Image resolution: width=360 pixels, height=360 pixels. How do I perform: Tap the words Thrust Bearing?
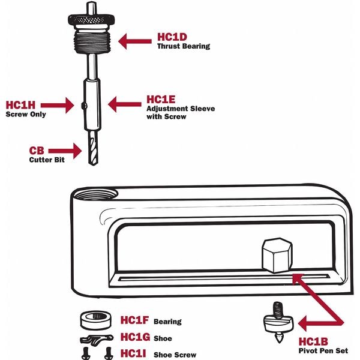click(184, 46)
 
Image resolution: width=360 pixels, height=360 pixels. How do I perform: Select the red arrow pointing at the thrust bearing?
click(134, 40)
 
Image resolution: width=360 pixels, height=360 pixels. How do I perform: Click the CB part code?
click(37, 151)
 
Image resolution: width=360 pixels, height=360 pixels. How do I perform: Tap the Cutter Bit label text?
click(46, 160)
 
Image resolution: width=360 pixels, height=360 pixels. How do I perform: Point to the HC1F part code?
click(134, 321)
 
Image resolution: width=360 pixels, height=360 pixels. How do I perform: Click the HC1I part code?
click(133, 353)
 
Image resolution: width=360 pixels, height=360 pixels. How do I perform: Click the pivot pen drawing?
click(278, 324)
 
